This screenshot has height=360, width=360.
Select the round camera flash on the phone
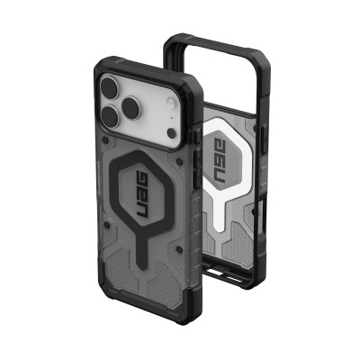pos(155,93)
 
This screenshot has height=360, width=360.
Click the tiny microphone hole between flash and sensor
pos(157,107)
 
